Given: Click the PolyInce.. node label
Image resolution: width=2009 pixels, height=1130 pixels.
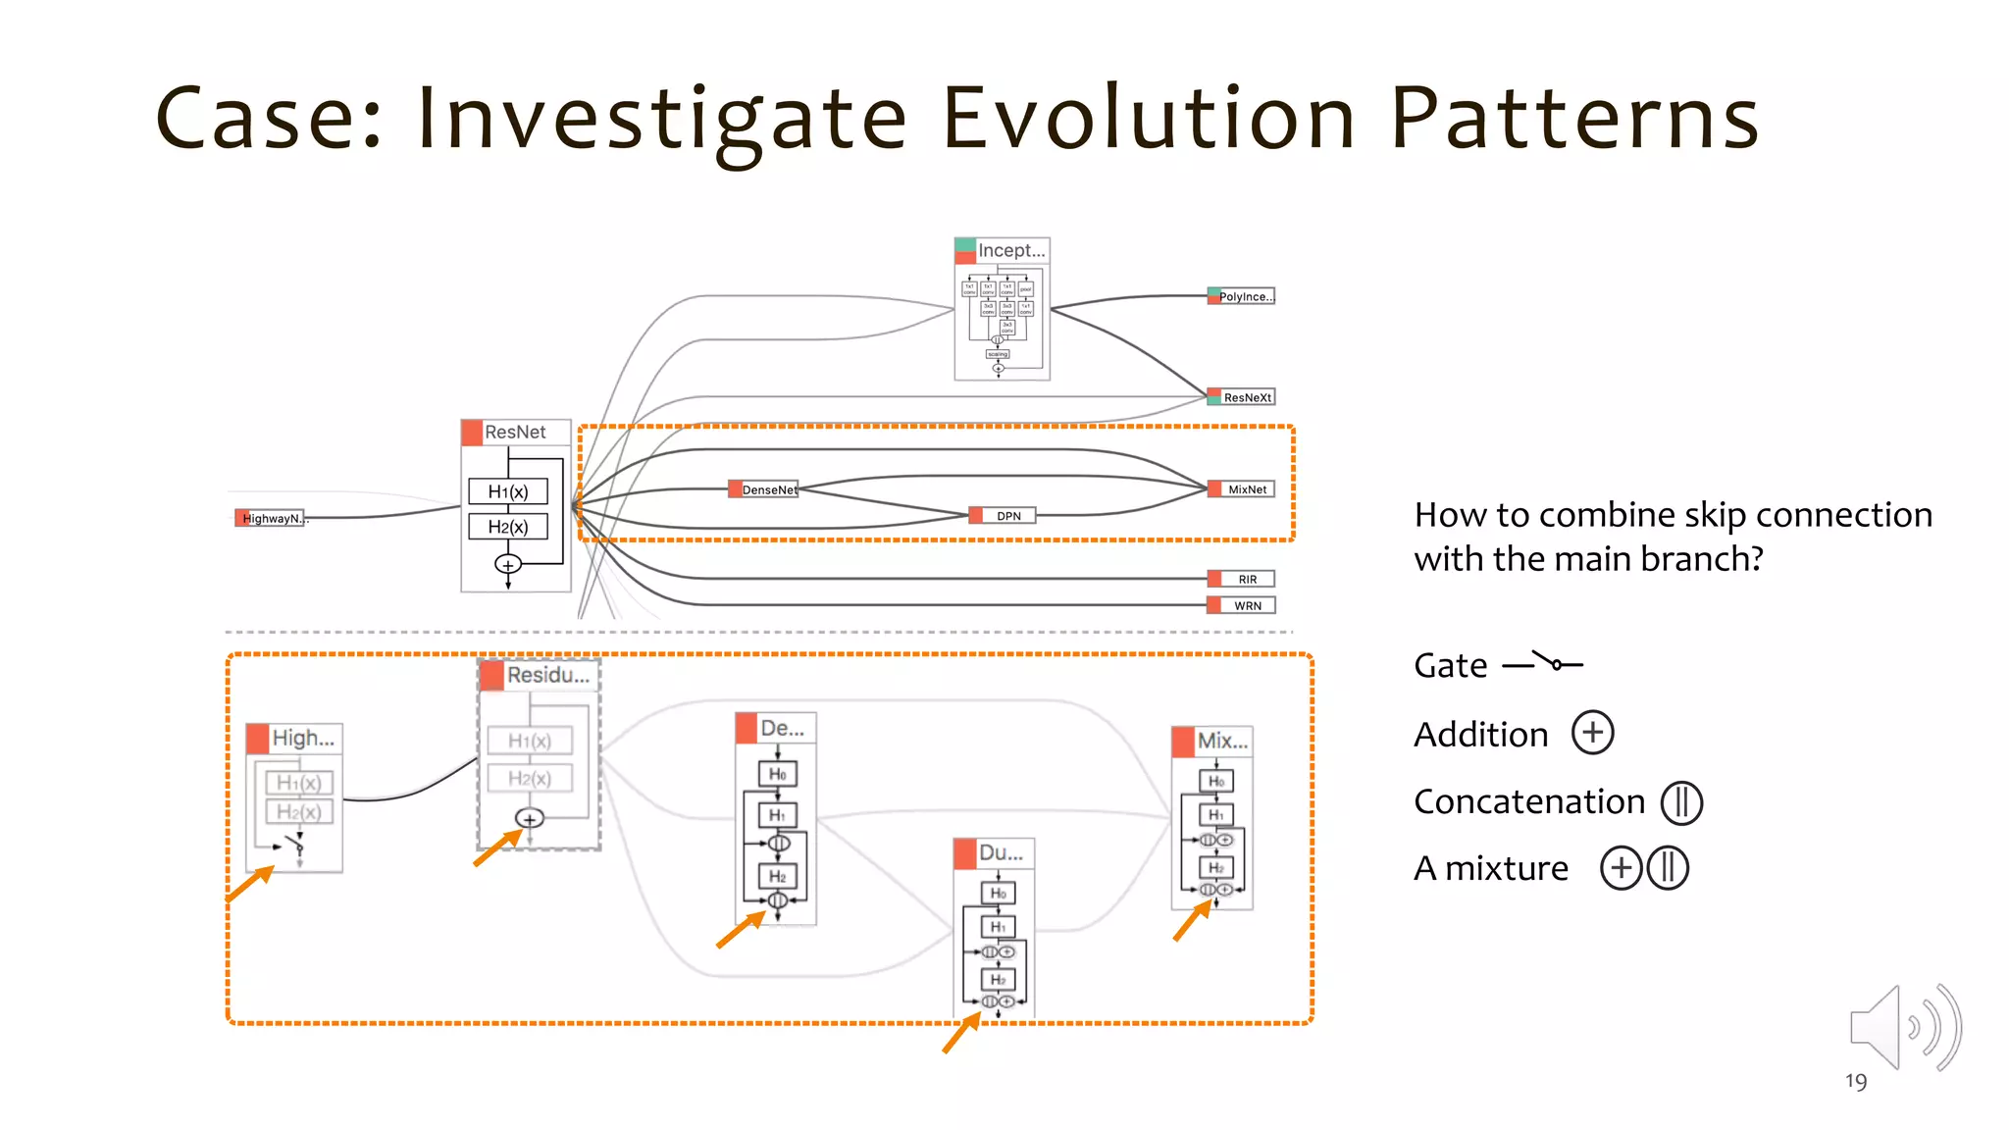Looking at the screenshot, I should pos(1245,296).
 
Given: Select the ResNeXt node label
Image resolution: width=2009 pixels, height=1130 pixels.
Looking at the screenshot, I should pos(1246,397).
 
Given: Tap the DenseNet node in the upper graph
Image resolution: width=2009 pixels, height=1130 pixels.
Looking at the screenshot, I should pos(768,489).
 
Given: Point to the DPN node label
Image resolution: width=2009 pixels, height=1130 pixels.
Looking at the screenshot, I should pos(1007,516).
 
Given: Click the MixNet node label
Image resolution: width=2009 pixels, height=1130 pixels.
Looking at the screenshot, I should pos(1246,489).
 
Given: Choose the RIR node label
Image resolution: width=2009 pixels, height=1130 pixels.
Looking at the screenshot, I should pos(1246,580).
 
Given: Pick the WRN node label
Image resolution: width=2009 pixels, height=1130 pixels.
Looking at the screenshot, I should pos(1247,606).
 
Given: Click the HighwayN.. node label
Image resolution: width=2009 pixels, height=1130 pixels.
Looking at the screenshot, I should pos(272,518).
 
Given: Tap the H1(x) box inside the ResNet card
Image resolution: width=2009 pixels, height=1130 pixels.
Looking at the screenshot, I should pos(508,491).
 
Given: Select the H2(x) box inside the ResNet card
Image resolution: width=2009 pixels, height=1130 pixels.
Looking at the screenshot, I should pos(508,527).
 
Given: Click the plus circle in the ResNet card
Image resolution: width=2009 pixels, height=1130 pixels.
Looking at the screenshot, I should pos(508,565).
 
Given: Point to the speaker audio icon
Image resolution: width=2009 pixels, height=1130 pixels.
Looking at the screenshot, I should pos(1904,1028).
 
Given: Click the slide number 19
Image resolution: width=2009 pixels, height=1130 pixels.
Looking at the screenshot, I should pos(1855,1082).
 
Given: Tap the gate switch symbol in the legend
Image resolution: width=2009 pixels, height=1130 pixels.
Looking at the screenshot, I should pos(1544,664).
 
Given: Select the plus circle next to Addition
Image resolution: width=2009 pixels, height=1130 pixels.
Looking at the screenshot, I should pos(1592,733).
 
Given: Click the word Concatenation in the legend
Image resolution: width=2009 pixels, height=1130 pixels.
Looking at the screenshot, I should pos(1528,801).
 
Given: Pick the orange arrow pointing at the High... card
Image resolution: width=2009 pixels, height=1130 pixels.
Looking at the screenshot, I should pos(250,883).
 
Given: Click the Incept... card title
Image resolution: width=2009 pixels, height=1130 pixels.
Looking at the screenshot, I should pos(1010,251).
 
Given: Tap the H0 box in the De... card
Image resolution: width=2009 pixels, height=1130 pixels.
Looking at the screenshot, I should pos(777,774).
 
